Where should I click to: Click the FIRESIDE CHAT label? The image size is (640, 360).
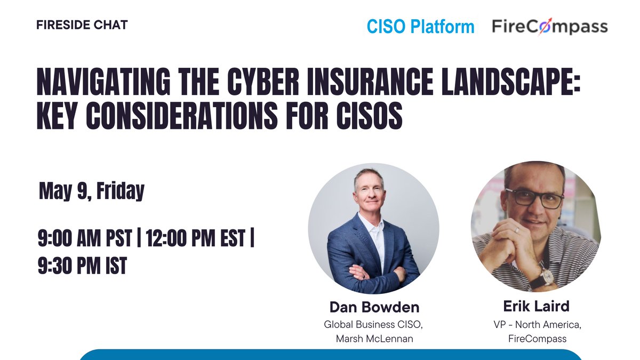point(82,25)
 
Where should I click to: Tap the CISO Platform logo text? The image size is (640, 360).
point(420,26)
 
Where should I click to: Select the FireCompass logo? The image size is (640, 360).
point(550,26)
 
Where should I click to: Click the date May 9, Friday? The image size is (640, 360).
point(92,191)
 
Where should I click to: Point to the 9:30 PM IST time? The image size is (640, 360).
point(82,265)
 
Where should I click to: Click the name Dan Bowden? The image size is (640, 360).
point(374,308)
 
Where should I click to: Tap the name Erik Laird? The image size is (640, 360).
point(536,306)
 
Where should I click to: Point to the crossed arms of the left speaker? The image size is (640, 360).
point(373,272)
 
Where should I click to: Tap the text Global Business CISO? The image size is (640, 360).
point(374,324)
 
